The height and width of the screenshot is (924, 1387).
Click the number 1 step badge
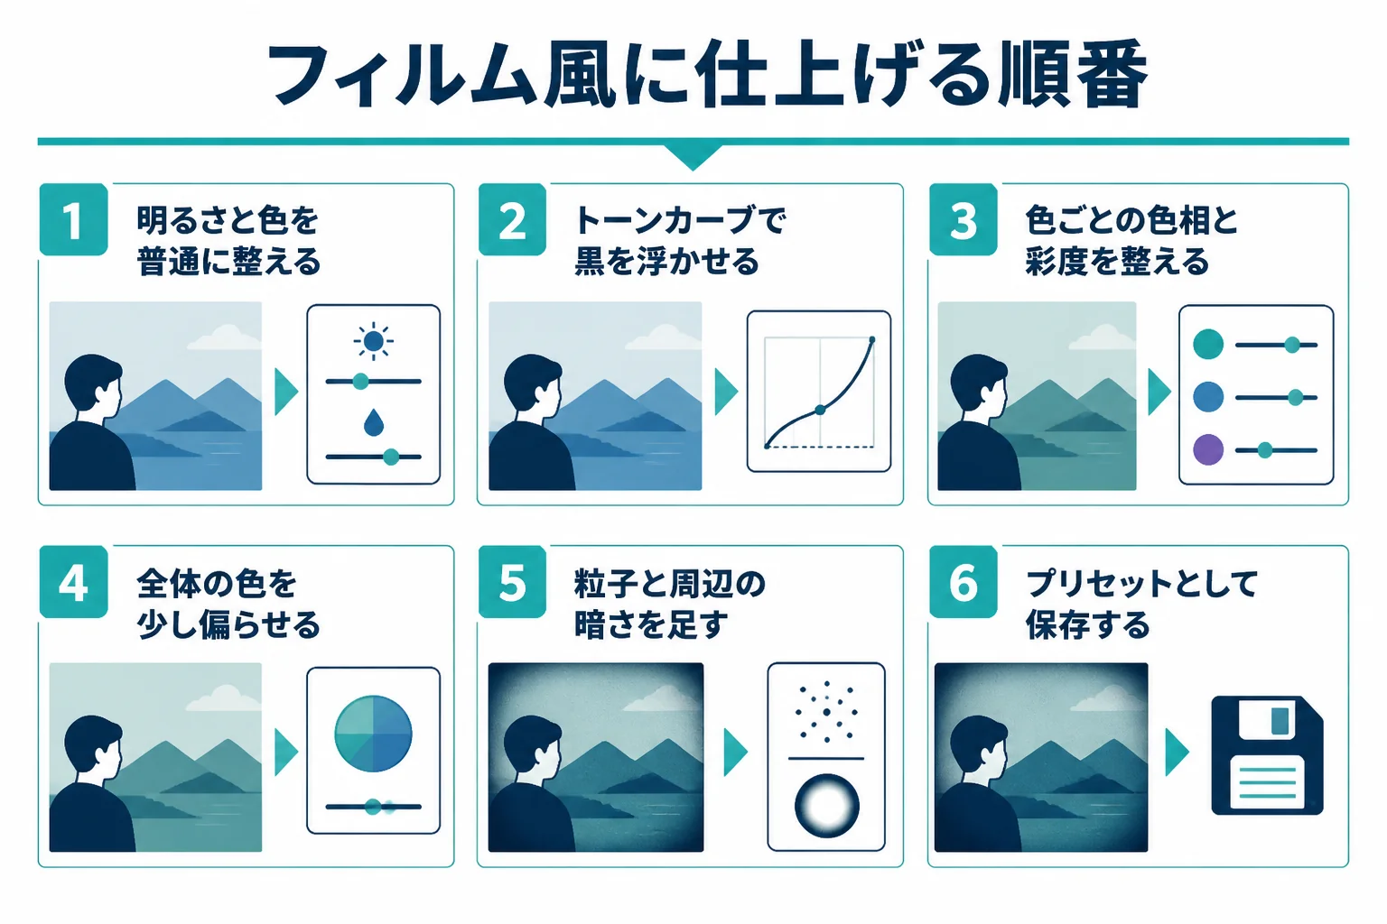point(74,219)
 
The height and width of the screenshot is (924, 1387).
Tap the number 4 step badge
point(74,582)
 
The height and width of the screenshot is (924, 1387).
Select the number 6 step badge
point(963,582)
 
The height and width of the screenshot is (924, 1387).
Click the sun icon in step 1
point(373,341)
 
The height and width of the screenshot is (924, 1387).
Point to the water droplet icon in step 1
point(373,422)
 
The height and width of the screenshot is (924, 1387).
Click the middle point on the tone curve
point(820,410)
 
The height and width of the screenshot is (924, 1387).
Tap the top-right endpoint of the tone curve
point(872,340)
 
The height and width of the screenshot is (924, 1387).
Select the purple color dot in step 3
point(1208,450)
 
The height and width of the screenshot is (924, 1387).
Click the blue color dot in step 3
point(1208,397)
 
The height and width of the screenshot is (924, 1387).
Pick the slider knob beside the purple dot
point(1264,450)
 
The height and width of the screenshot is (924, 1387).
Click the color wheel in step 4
point(373,734)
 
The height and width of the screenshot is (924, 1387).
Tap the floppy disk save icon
point(1267,755)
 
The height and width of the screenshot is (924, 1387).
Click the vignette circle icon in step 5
point(826,806)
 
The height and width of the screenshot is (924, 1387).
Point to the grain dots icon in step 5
point(826,712)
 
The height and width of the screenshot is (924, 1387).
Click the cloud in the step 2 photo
point(665,337)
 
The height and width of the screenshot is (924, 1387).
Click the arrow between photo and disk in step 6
point(1178,752)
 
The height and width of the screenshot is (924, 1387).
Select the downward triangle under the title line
point(693,157)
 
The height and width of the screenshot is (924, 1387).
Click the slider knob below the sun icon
point(360,381)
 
